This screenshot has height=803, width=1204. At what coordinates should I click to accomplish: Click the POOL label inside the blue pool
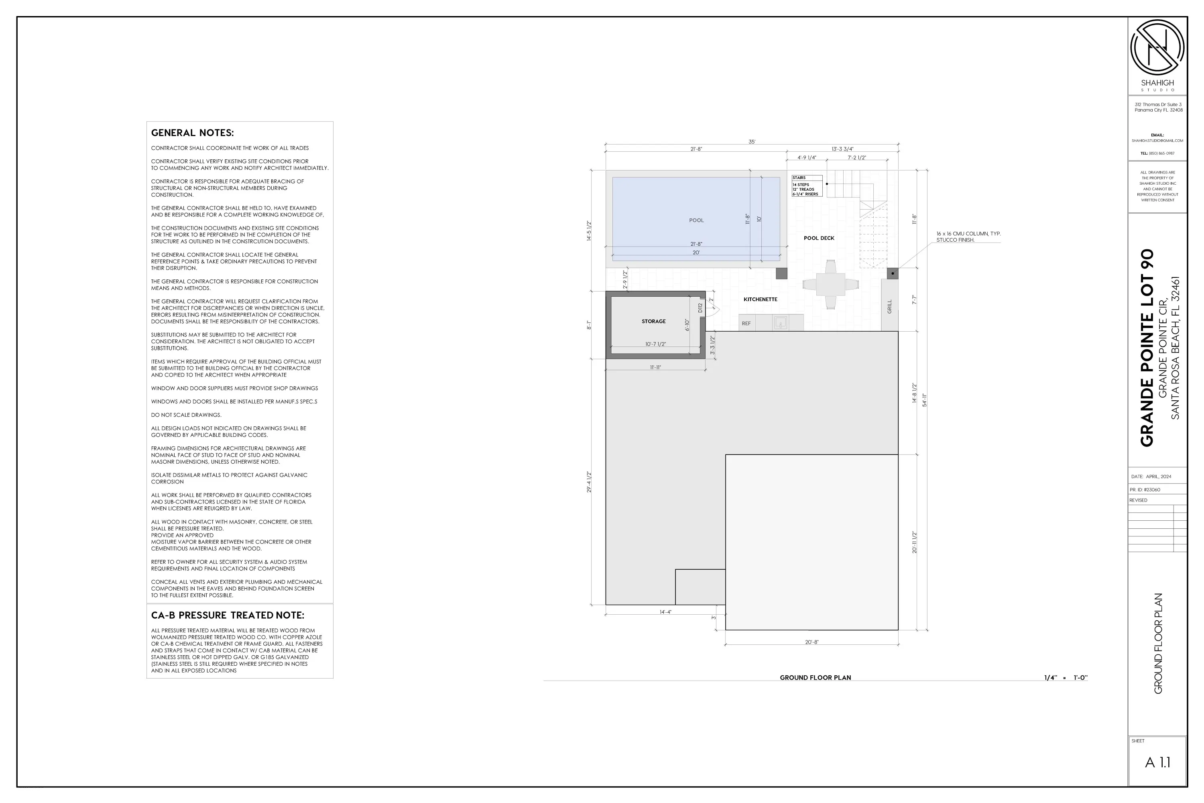coord(696,220)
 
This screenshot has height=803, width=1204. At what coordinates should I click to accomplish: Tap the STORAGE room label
coord(654,322)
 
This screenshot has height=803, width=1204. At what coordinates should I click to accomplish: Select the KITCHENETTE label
coord(760,300)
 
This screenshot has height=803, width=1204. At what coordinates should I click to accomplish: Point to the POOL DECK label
coord(819,238)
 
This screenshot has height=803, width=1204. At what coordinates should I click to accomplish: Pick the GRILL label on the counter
coord(889,307)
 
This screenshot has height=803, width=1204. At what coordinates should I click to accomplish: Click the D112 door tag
coord(700,308)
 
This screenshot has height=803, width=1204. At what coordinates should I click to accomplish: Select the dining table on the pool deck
coord(830,285)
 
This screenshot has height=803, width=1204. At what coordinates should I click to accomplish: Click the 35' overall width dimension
coord(751,142)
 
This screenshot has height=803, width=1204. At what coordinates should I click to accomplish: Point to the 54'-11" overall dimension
coord(925,400)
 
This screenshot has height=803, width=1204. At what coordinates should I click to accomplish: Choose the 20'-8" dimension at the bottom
coord(811,642)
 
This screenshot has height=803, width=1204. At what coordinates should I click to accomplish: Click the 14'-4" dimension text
coord(665,612)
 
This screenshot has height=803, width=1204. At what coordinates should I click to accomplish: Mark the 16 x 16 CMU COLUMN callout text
coord(968,236)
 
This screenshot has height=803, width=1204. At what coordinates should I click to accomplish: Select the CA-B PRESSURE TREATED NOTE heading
coord(227,615)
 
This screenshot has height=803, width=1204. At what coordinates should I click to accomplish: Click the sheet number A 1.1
coord(1157,762)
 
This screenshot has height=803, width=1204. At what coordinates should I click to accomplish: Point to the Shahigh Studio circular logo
coord(1157,48)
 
